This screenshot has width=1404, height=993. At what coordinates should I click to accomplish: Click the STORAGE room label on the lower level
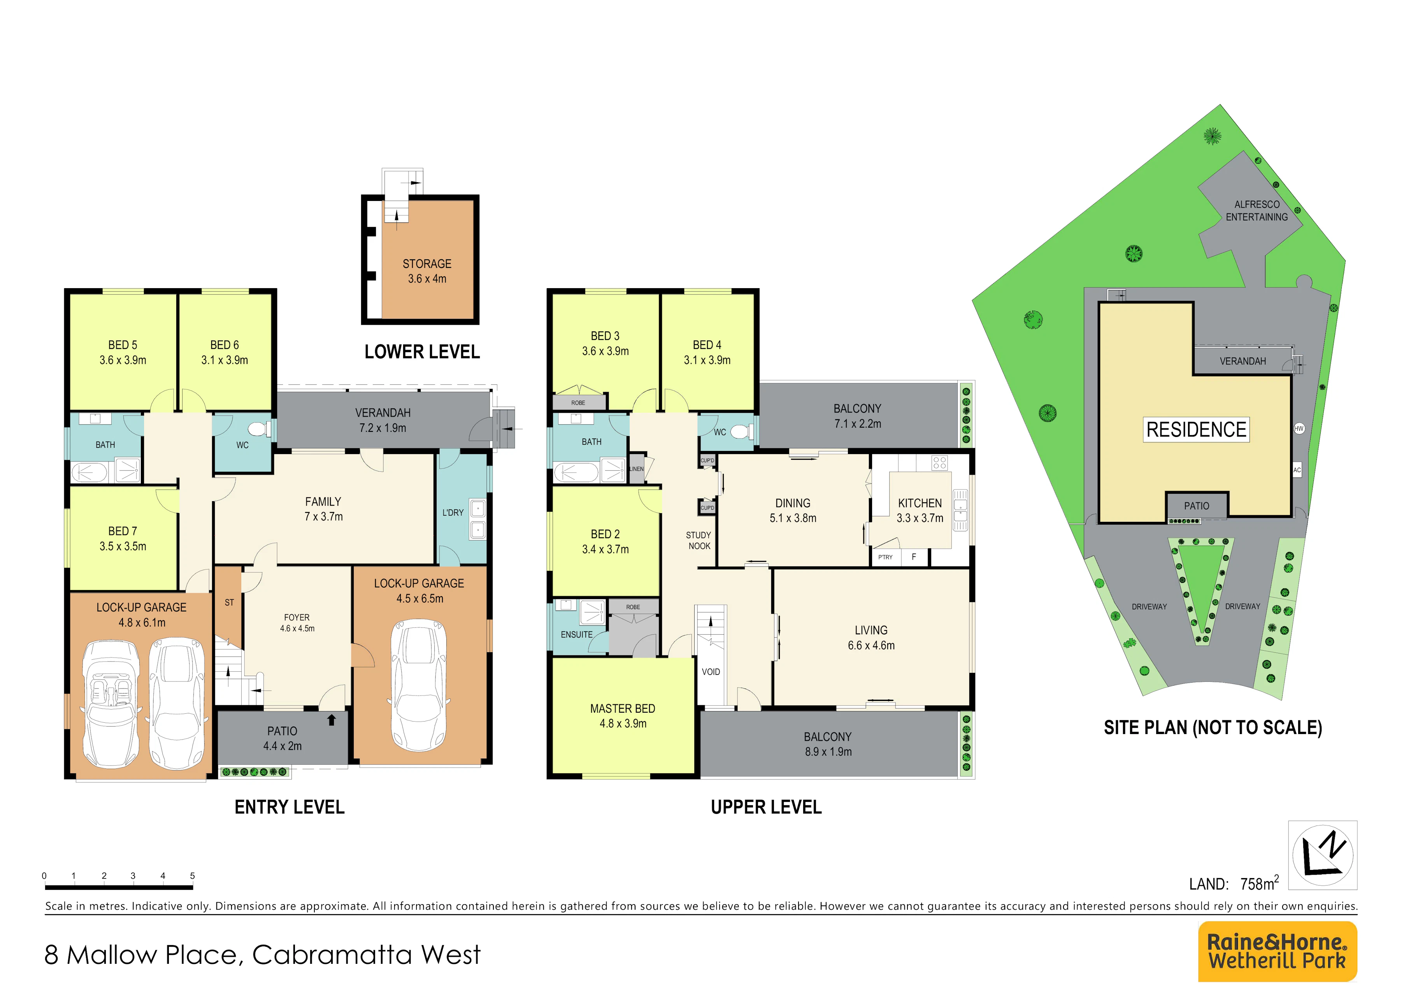(x=427, y=264)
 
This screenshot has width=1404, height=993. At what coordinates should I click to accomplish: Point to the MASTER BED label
(x=623, y=708)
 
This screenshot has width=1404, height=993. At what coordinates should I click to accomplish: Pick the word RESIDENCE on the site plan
(x=1196, y=430)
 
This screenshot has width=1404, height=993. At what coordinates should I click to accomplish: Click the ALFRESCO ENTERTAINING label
(x=1257, y=210)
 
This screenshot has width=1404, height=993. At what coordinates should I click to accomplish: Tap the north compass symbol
(x=1323, y=855)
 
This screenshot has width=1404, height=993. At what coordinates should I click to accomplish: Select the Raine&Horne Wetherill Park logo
(x=1278, y=951)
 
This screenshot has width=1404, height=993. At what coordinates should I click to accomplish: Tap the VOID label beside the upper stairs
(x=711, y=672)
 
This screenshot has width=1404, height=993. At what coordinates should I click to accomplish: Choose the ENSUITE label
(x=577, y=634)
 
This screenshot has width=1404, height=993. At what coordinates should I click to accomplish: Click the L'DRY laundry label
(x=453, y=512)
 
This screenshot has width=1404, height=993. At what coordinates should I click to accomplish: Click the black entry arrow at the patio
(x=332, y=720)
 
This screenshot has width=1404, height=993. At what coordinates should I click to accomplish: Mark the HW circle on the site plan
(x=1299, y=428)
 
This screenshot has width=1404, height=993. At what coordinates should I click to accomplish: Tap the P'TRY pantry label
(x=885, y=557)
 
